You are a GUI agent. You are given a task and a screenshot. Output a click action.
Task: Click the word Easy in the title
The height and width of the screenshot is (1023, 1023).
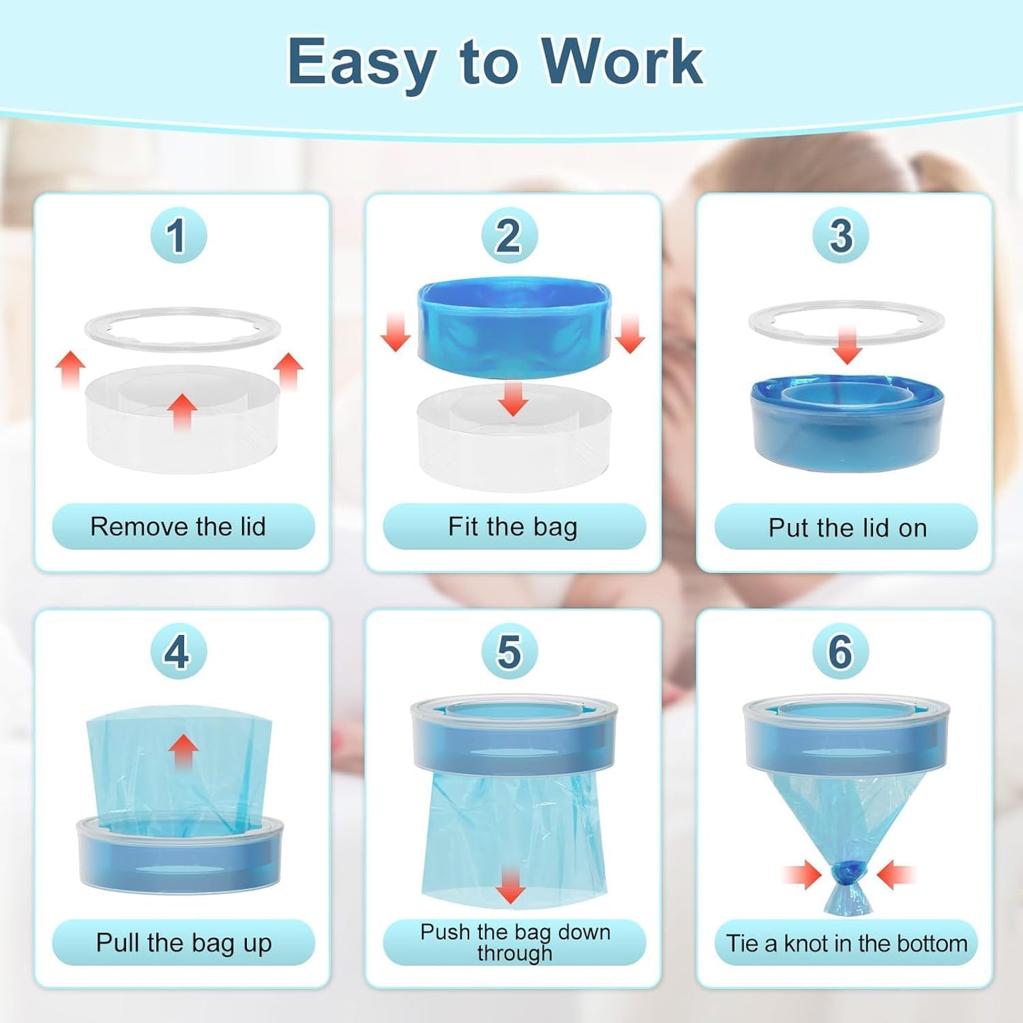[x=362, y=62]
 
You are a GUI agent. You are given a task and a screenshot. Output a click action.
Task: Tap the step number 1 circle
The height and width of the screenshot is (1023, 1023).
[x=178, y=236]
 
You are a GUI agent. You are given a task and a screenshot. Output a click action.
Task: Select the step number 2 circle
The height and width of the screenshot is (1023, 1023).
[x=509, y=236]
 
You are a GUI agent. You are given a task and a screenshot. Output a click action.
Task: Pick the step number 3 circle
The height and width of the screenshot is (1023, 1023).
[x=840, y=236]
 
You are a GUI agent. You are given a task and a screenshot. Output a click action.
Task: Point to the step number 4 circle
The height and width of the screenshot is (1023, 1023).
[x=178, y=651]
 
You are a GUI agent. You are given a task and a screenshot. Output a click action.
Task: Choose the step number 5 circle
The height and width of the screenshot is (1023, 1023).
[x=509, y=651]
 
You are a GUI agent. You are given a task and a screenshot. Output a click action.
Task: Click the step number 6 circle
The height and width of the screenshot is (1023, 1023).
[x=840, y=651]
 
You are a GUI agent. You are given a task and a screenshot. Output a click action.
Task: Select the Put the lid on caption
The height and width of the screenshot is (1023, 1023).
[x=847, y=527]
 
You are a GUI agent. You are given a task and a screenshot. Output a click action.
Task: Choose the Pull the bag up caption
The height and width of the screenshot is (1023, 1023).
[x=183, y=943]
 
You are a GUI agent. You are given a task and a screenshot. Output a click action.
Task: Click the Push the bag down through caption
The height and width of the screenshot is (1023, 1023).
[x=515, y=942]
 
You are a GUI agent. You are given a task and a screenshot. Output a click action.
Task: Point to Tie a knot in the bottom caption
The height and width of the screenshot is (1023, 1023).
[x=847, y=943]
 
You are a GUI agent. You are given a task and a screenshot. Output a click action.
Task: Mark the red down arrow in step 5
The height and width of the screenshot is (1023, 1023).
[x=510, y=885]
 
